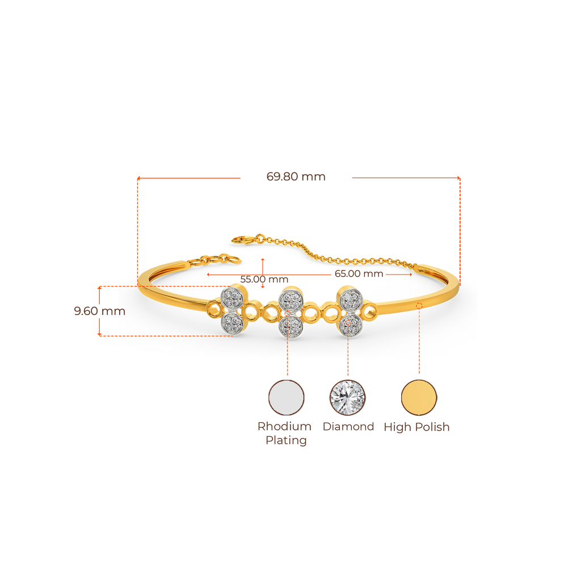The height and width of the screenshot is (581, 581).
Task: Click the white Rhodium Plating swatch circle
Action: point(287,397)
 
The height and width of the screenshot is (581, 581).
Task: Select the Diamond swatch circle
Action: point(347,397)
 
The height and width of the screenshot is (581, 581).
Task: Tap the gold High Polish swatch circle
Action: point(419,397)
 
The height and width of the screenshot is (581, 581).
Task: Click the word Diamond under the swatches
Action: point(348,427)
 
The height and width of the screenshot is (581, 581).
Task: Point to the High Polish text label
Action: point(416,427)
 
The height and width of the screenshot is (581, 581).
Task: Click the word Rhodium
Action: point(285,426)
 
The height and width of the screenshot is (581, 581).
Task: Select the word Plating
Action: point(286,440)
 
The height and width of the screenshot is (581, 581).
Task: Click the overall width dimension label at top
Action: point(296,177)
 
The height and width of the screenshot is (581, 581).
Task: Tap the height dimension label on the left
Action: point(99,311)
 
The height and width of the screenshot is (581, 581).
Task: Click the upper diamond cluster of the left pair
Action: point(233,296)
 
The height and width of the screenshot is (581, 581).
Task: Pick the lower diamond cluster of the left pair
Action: point(232,323)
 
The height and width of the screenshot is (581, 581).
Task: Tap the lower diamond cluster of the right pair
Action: point(350,325)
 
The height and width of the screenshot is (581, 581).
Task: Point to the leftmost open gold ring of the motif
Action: point(214,310)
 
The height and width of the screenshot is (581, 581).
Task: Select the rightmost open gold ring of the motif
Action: point(371,311)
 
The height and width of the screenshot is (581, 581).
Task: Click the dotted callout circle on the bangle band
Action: point(419,306)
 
